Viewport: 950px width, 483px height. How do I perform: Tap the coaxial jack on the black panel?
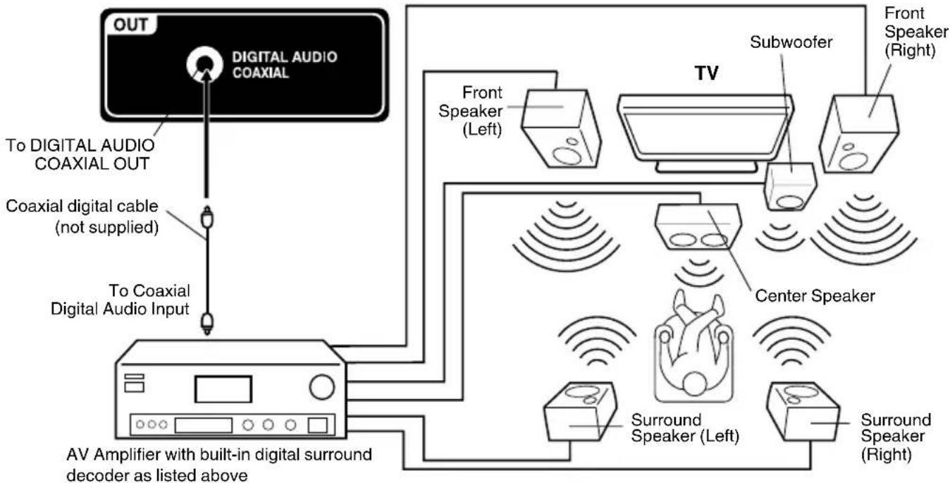coord(202,66)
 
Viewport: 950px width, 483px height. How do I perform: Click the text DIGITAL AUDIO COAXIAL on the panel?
coord(285,66)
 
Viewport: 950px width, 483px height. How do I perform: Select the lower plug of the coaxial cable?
coord(205,323)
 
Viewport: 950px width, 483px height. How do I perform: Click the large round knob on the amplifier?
coord(322,386)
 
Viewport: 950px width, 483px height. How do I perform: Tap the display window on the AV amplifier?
coord(223,389)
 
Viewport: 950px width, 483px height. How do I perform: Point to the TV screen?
coord(705,130)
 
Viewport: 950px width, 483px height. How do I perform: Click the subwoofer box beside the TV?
coord(791,187)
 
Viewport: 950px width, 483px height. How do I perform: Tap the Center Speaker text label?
coord(814,296)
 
